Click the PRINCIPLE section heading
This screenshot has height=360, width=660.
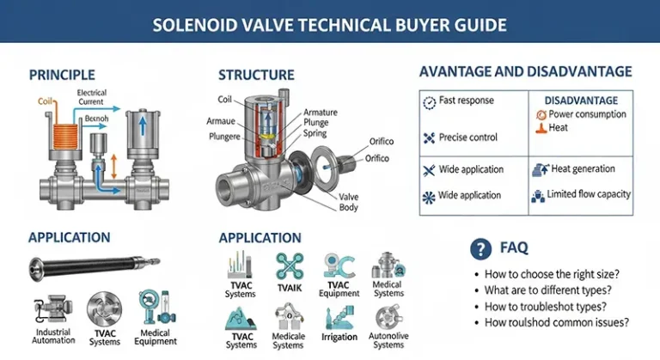tap(62, 75)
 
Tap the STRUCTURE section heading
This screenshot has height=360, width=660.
tap(256, 75)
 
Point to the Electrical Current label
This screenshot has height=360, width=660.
tap(91, 97)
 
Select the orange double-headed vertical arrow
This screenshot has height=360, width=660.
tap(113, 167)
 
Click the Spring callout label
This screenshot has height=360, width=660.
tap(315, 133)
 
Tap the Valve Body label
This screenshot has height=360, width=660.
tap(349, 202)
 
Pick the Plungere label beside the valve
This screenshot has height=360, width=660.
tap(225, 137)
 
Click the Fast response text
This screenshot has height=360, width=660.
tap(467, 101)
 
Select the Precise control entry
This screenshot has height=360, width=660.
tap(468, 137)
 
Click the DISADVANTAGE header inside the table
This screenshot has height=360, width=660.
tap(581, 101)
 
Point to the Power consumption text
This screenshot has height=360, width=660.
tap(587, 114)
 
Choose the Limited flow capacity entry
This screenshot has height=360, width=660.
tap(589, 194)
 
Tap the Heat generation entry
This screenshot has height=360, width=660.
tap(583, 169)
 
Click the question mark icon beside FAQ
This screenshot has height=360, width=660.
tap(480, 249)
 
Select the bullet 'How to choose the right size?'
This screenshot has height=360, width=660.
tap(552, 274)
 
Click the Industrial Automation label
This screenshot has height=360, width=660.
tap(53, 336)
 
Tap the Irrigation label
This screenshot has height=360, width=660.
tap(339, 337)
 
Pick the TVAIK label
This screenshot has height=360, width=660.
tap(290, 288)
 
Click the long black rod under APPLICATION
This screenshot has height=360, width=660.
tap(95, 268)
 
